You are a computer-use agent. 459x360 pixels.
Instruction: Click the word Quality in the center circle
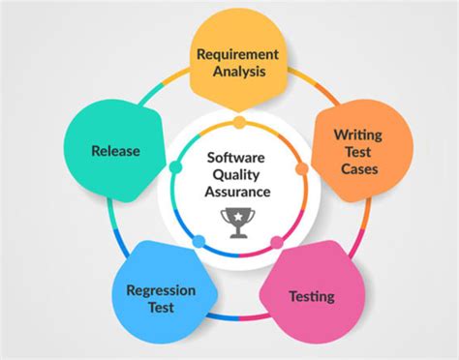238,172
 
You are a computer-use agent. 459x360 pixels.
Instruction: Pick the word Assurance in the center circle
238,192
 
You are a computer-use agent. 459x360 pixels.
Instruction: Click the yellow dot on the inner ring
239,123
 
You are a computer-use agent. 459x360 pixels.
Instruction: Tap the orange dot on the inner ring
301,168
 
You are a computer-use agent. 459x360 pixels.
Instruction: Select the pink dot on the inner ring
277,241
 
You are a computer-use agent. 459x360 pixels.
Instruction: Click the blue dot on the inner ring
199,241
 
